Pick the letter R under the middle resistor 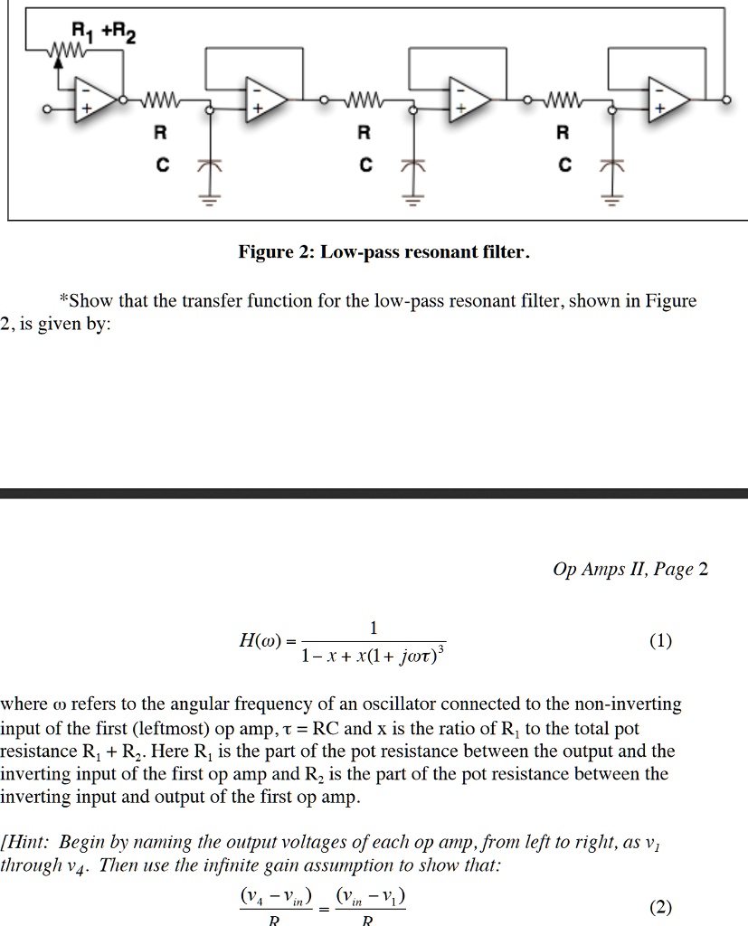tap(364, 134)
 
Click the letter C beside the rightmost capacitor tap(564, 166)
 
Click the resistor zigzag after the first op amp tap(160, 98)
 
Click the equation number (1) tap(660, 641)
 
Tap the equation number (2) tap(660, 907)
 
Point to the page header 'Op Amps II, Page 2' tap(630, 569)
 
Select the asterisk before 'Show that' tap(63, 299)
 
